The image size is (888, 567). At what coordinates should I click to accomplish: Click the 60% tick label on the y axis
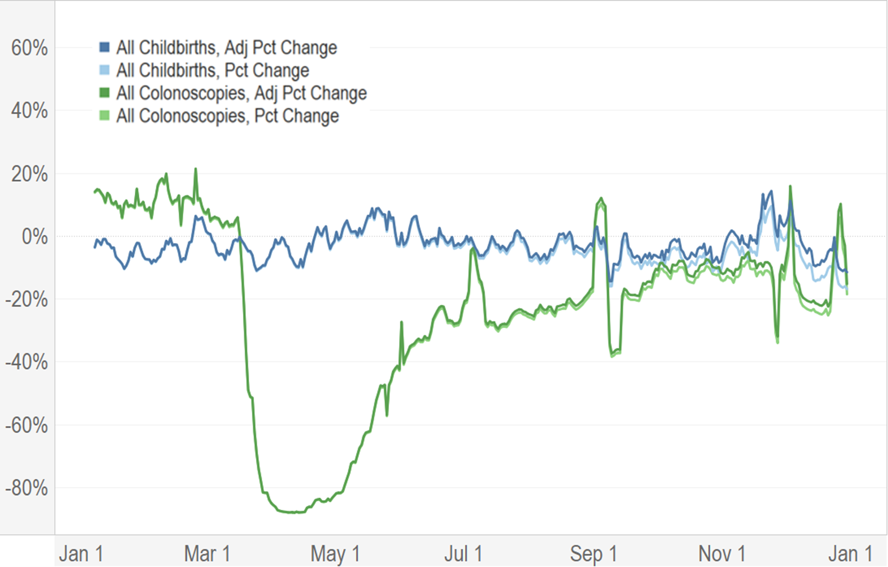(29, 48)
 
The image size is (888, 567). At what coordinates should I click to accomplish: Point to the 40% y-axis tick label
(29, 111)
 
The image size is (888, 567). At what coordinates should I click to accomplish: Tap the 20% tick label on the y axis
(29, 174)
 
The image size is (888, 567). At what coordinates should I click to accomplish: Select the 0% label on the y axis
(35, 237)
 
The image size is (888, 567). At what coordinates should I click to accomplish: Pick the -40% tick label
(26, 362)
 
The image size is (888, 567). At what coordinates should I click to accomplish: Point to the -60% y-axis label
(26, 425)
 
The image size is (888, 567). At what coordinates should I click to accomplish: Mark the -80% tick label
(26, 488)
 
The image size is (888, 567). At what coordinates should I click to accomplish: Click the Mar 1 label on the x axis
(207, 553)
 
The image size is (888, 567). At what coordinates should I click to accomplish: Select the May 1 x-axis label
(335, 553)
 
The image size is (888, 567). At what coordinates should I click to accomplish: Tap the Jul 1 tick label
(463, 553)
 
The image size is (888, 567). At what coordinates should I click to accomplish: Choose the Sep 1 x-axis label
(593, 553)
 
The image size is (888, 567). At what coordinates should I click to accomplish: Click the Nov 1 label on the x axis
(721, 553)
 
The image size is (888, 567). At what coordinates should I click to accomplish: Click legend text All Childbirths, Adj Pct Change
(227, 48)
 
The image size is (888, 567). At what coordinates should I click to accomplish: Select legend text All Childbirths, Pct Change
(212, 70)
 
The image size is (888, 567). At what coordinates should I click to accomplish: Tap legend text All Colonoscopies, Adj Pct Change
(241, 93)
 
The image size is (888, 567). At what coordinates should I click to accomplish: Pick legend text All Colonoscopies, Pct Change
(227, 116)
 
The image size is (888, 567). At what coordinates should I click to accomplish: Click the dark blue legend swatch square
(104, 48)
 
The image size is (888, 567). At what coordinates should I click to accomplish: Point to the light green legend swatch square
(104, 116)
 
